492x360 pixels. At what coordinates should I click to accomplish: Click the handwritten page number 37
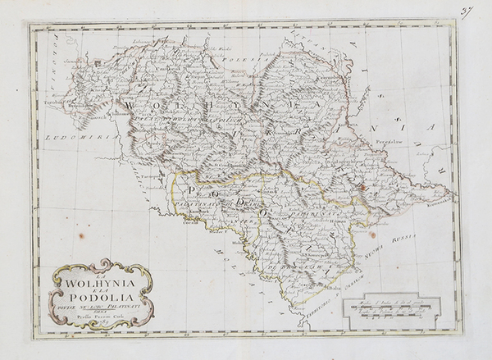click(x=467, y=11)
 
